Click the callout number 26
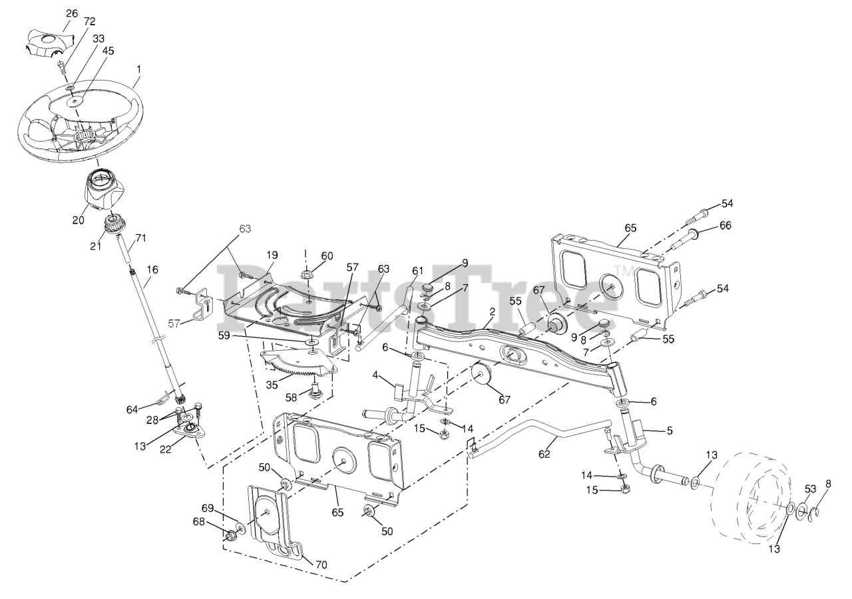point(72,13)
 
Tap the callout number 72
point(90,22)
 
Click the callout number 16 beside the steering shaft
point(153,270)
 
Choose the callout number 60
point(327,256)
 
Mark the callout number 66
point(725,226)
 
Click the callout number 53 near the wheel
point(810,489)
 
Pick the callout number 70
point(321,565)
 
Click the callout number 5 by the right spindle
point(669,431)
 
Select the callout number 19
point(272,255)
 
